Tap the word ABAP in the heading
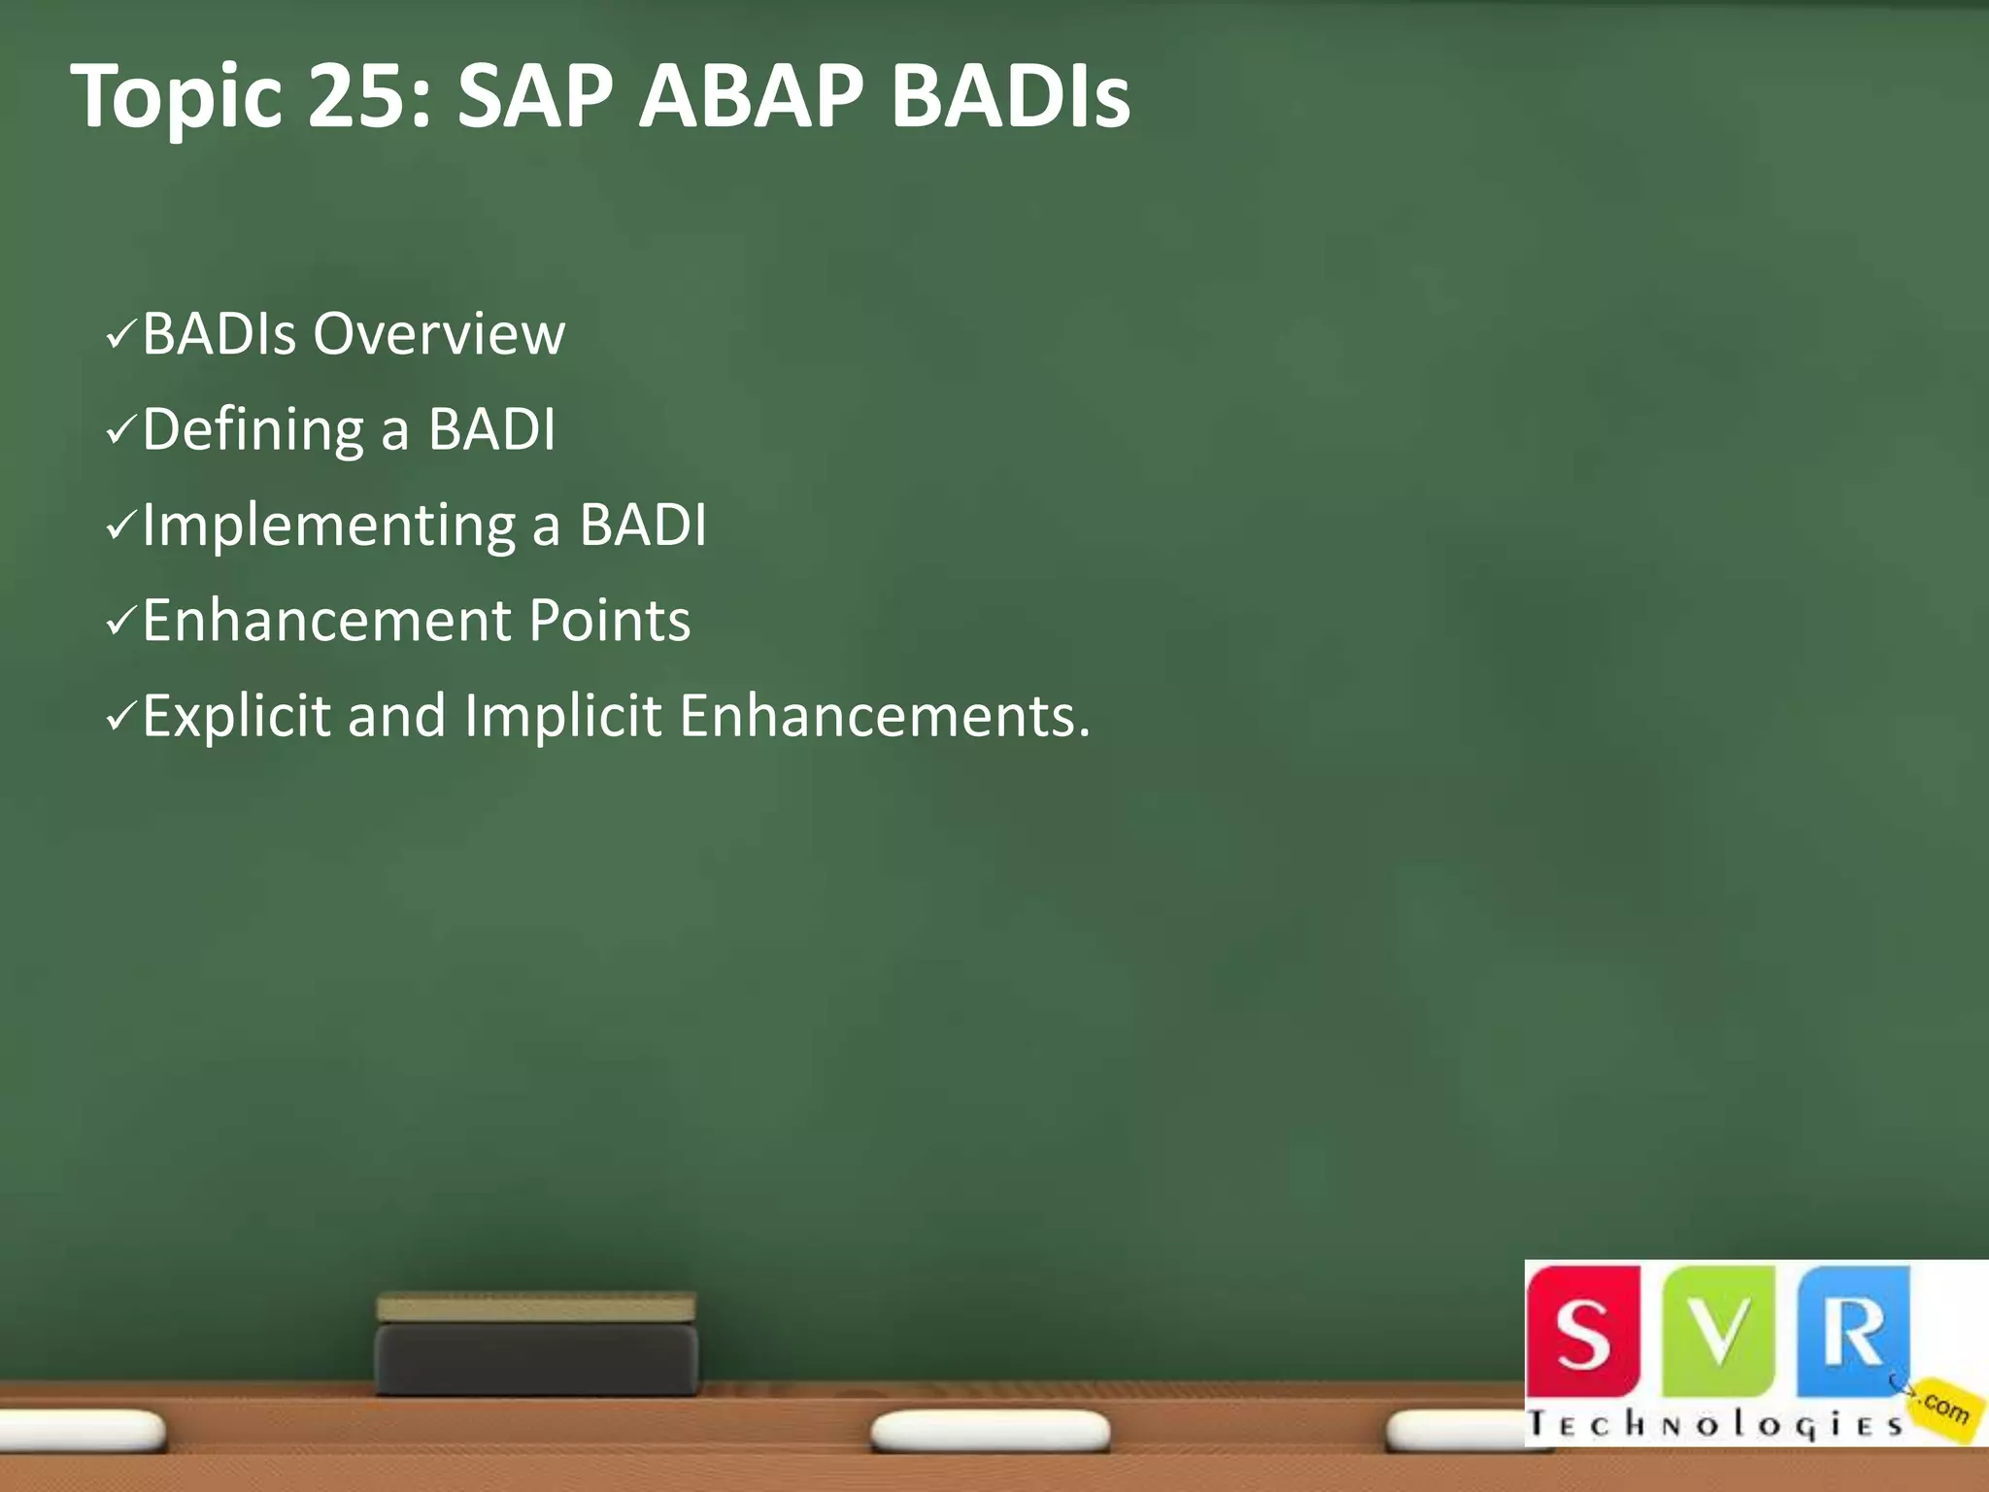click(751, 97)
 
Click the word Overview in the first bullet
click(439, 334)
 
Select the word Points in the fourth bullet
click(609, 621)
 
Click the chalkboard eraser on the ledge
click(536, 1345)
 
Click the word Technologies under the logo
click(1714, 1425)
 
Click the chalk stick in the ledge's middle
click(990, 1432)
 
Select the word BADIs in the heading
click(1010, 97)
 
